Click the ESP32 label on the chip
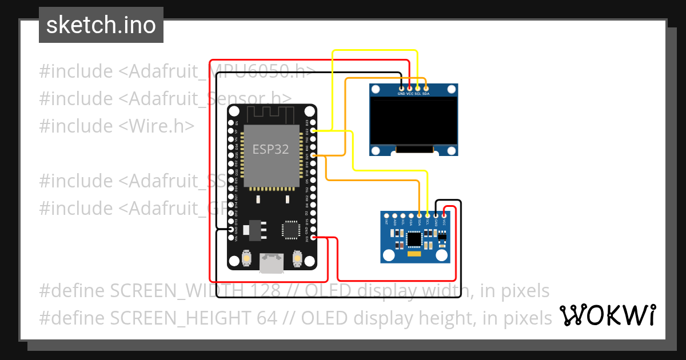[271, 149]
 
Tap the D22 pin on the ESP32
[313, 131]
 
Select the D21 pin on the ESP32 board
[313, 155]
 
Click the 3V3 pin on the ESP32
[313, 238]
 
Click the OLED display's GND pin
[401, 89]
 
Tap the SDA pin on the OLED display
[426, 89]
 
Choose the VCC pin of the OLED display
[409, 89]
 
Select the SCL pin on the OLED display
[417, 89]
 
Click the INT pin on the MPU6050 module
[387, 215]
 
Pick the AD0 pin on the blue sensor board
[395, 215]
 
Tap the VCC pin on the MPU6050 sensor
[444, 215]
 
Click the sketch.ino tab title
[101, 25]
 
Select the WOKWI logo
[607, 315]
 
